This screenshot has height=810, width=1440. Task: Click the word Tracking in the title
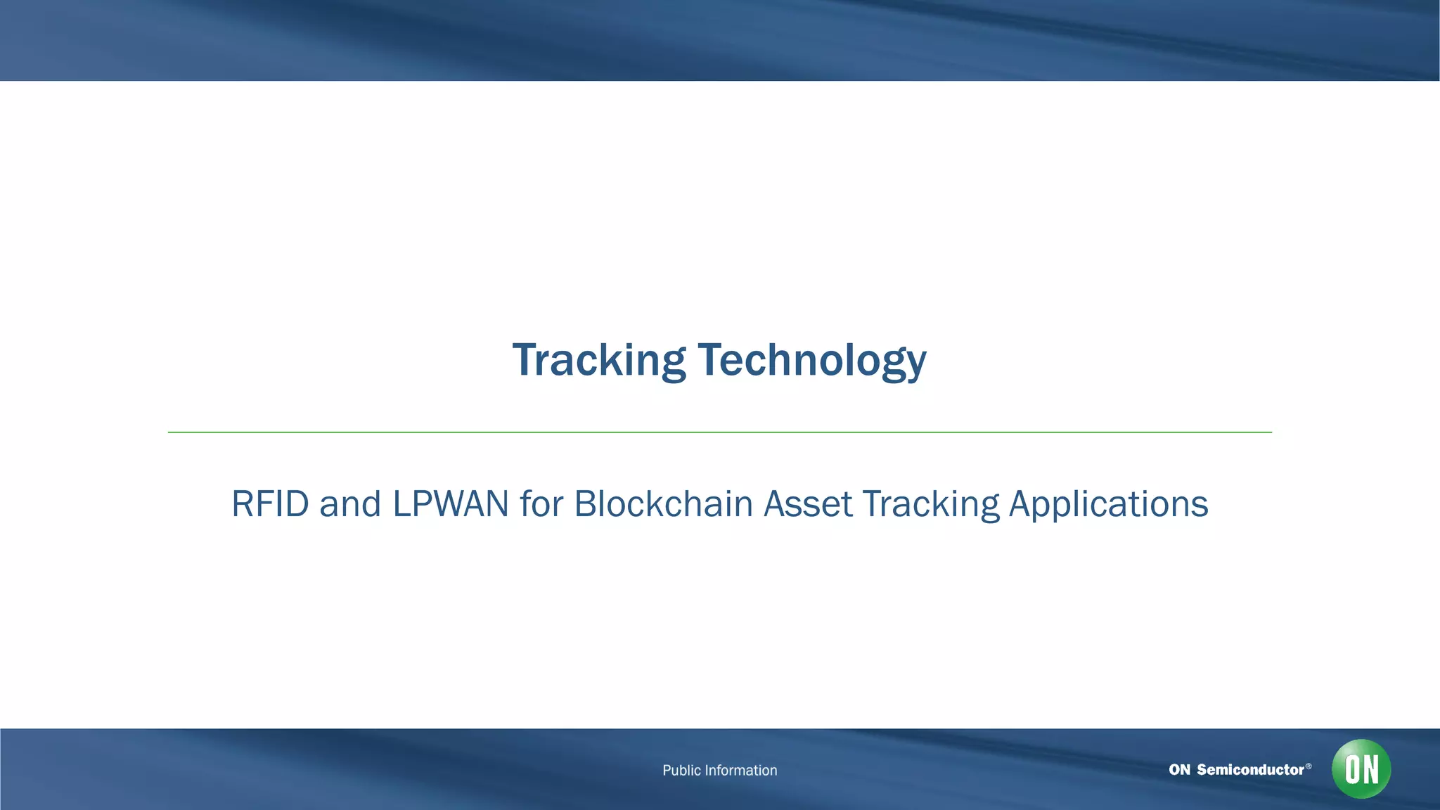click(598, 360)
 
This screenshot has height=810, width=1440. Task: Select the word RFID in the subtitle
click(270, 504)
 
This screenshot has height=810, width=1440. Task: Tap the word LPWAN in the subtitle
click(450, 504)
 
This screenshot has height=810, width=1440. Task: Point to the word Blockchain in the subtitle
click(663, 504)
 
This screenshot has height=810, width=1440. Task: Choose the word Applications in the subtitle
click(1108, 504)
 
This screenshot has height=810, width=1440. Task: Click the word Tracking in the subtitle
click(930, 504)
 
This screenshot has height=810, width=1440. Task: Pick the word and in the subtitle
click(350, 504)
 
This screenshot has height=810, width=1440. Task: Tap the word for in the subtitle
click(541, 504)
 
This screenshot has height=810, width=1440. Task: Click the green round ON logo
click(1361, 769)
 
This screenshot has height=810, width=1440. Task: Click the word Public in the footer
click(681, 771)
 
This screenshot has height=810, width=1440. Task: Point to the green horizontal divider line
click(719, 432)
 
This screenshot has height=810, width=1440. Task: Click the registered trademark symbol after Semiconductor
click(1309, 766)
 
